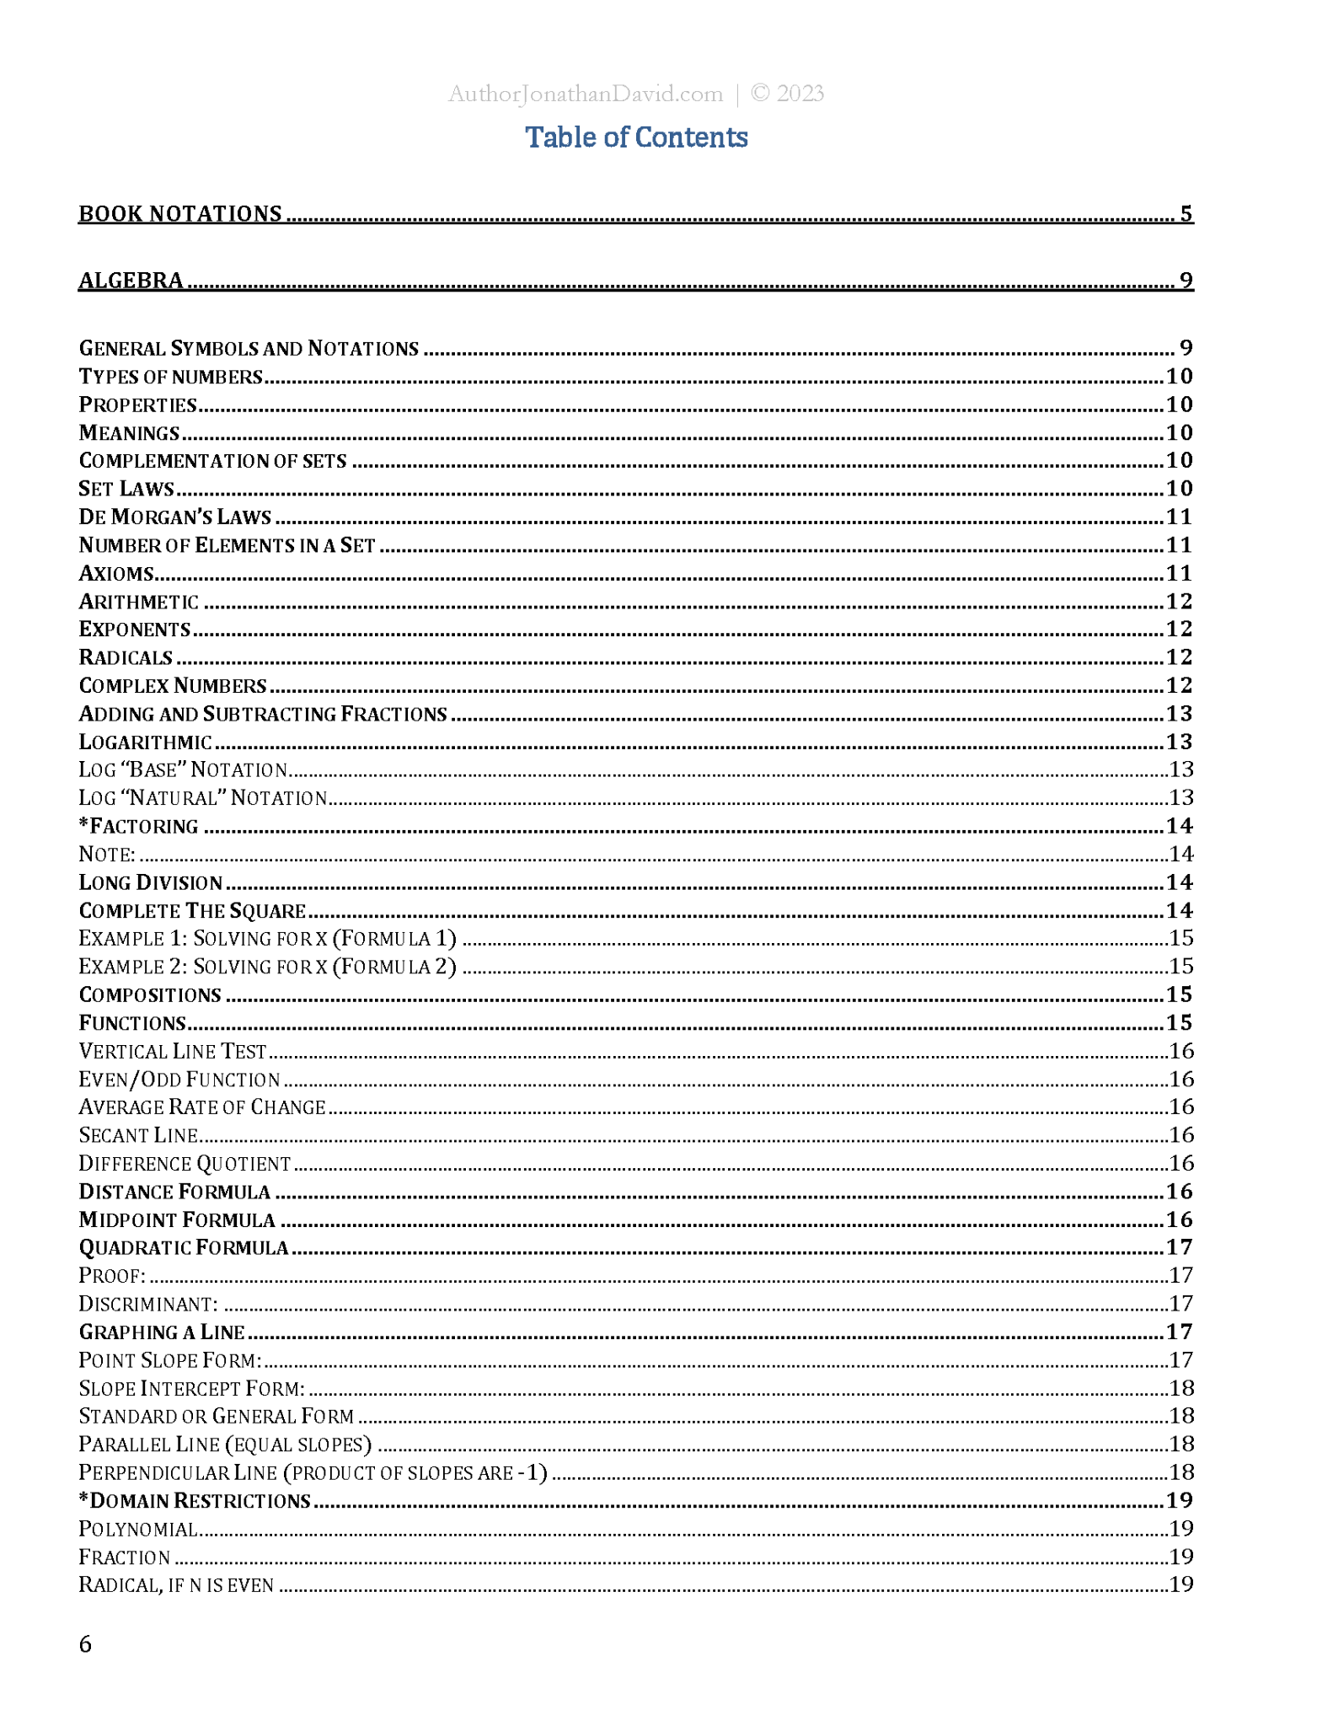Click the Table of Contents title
point(636,137)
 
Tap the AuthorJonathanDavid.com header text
point(585,94)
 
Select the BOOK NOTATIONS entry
point(180,214)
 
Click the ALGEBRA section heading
point(131,281)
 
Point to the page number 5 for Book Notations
point(1186,214)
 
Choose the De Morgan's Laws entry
point(175,517)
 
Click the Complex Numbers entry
point(173,685)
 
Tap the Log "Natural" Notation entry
point(203,797)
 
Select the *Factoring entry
point(139,826)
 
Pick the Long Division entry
point(151,882)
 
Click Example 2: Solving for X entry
point(267,966)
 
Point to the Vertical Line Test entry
point(173,1051)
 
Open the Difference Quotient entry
point(185,1163)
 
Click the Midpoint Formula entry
point(177,1219)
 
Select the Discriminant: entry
point(148,1304)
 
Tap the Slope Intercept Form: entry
point(192,1388)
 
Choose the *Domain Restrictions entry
point(195,1500)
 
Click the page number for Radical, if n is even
point(1181,1584)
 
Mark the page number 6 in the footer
point(85,1644)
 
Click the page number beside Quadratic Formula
point(1180,1247)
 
